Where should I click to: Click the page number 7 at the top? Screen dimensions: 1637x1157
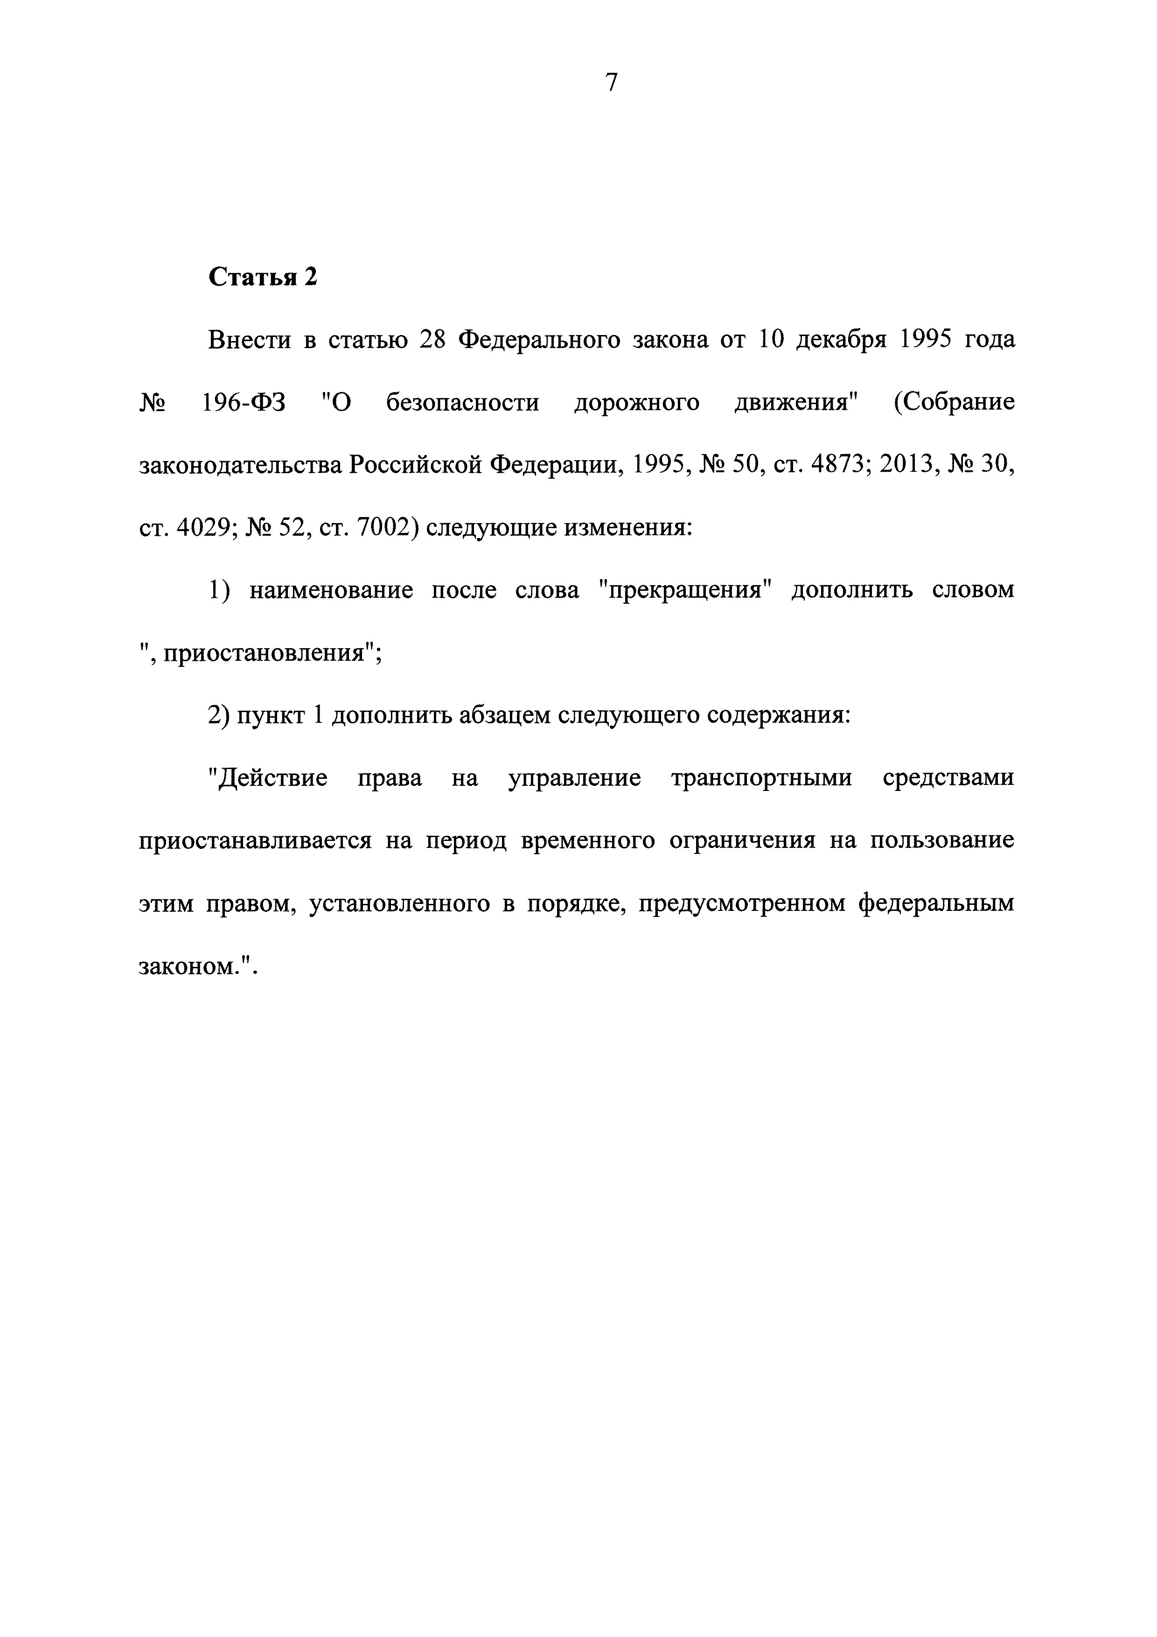tap(612, 84)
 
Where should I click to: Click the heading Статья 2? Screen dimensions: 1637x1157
tap(262, 277)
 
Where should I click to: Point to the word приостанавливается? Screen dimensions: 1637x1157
tap(255, 841)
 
